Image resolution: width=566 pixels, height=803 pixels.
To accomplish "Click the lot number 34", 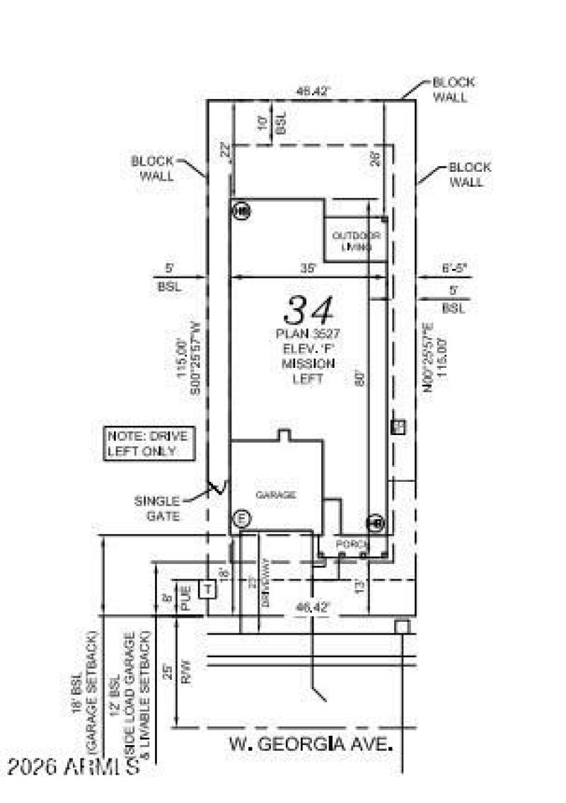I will [x=308, y=311].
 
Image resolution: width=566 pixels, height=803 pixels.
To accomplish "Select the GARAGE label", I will [x=275, y=495].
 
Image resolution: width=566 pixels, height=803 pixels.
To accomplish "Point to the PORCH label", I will [x=352, y=544].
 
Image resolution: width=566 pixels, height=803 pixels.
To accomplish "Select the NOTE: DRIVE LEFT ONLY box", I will [x=147, y=443].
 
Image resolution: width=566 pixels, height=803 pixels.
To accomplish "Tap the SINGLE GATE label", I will [x=157, y=509].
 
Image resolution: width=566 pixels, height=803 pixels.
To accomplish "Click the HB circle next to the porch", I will [x=375, y=523].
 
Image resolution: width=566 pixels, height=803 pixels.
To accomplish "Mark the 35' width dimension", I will [x=307, y=269].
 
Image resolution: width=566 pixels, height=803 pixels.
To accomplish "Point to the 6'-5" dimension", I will [x=453, y=269].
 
